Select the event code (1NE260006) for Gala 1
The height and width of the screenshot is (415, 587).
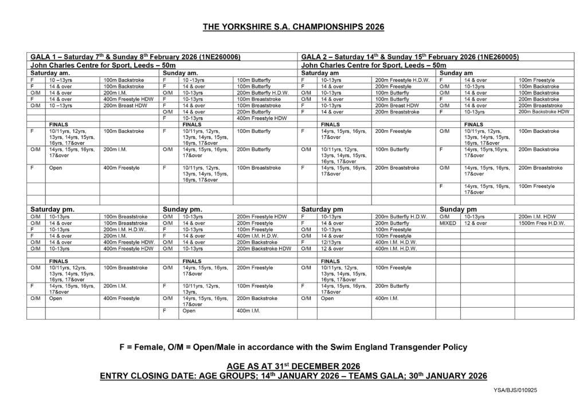tap(219, 57)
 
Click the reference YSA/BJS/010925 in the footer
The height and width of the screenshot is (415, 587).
tap(515, 390)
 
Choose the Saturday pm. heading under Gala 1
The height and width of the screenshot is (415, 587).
tap(52, 210)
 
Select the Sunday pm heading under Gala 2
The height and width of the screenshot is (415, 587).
tap(458, 210)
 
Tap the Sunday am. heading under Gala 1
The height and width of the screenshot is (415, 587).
tap(181, 73)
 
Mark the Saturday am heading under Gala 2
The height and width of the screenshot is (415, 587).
tap(322, 73)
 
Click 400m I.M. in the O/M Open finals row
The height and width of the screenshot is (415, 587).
tap(385, 299)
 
